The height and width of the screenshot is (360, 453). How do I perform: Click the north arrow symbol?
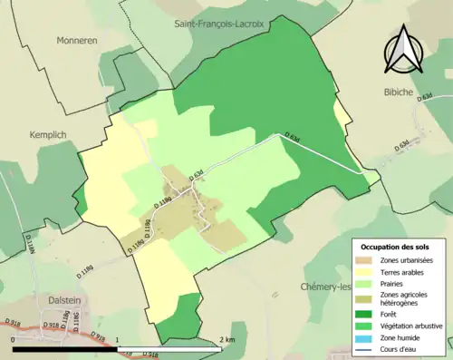point(406,52)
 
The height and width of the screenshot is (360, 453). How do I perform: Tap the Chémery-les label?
point(325,287)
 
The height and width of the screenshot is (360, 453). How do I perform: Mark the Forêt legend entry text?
point(388,316)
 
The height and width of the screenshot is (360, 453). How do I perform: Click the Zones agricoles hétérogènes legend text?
point(406,299)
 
